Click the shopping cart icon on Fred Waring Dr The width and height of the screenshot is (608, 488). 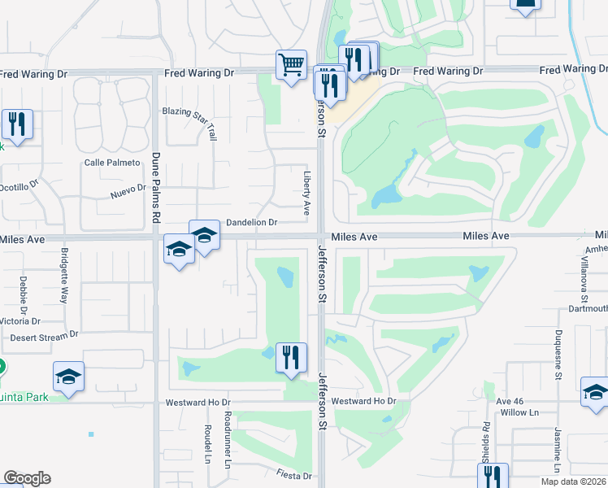[x=291, y=64]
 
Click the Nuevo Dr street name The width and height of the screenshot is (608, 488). [x=128, y=191]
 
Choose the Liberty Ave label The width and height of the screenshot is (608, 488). [x=307, y=193]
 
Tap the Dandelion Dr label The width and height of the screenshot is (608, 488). [x=252, y=222]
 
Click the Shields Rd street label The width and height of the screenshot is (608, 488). [x=486, y=443]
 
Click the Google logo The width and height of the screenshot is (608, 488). [x=27, y=477]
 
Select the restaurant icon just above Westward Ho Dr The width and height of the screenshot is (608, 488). [x=291, y=359]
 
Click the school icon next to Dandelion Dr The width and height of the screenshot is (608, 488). [x=205, y=236]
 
